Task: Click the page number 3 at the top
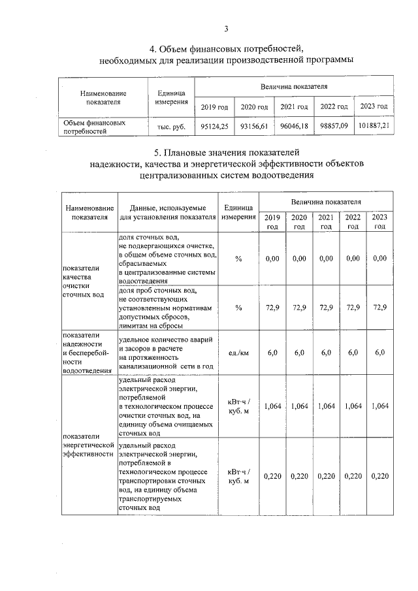tap(227, 28)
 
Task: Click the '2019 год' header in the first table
tap(214, 106)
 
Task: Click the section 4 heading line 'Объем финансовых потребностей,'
tap(226, 48)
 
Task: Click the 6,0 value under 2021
tap(326, 353)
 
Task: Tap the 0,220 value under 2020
tap(299, 476)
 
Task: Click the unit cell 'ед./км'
tap(238, 353)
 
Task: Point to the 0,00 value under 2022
tap(353, 259)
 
